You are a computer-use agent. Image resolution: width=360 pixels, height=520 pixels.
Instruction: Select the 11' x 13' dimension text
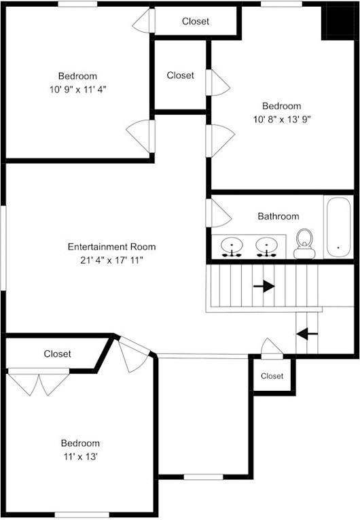click(80, 456)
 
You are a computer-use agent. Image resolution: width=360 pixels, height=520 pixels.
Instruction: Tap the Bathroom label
click(278, 216)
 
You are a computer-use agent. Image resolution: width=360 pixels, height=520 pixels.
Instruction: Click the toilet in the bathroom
click(304, 244)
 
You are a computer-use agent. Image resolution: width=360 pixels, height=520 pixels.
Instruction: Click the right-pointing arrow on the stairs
click(264, 286)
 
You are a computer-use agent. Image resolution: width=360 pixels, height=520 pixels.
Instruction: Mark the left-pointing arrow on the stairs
click(307, 334)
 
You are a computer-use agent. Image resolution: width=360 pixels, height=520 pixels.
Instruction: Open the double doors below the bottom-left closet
click(38, 381)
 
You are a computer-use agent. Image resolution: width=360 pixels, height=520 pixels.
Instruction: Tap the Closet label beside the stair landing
click(272, 376)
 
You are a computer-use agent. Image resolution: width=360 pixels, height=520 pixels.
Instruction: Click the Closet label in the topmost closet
click(196, 22)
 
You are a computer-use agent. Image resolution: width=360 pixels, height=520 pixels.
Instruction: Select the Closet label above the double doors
click(58, 353)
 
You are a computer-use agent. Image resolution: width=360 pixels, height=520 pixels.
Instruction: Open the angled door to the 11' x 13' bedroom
click(133, 353)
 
